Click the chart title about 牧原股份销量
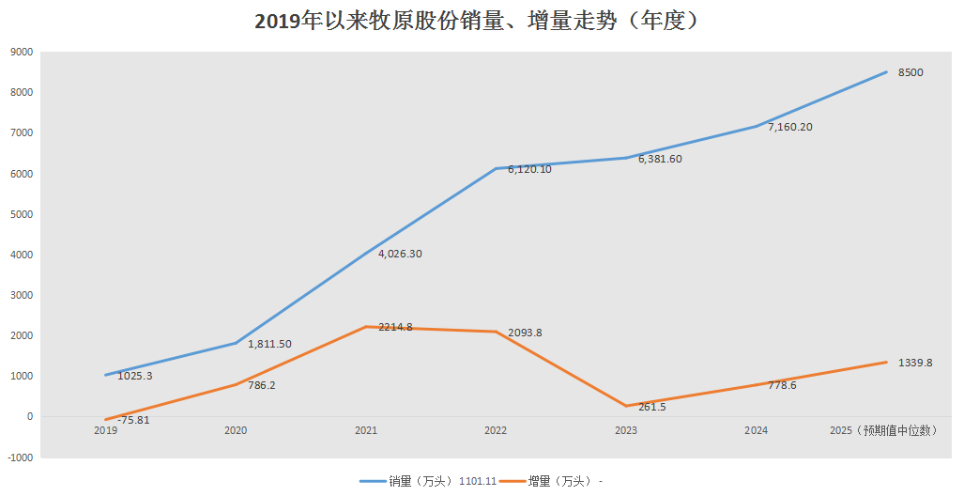pyautogui.click(x=482, y=21)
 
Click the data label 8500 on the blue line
pyautogui.click(x=910, y=72)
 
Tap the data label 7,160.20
pyautogui.click(x=789, y=127)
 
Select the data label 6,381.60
pyautogui.click(x=660, y=159)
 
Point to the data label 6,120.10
pyautogui.click(x=529, y=169)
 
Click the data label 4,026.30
pyautogui.click(x=400, y=254)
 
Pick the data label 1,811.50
pyautogui.click(x=269, y=344)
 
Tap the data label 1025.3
pyautogui.click(x=135, y=376)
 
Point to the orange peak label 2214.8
pyautogui.click(x=395, y=327)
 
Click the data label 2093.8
pyautogui.click(x=525, y=333)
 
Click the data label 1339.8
pyautogui.click(x=915, y=363)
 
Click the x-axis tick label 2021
pyautogui.click(x=366, y=430)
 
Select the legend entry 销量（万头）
pyautogui.click(x=413, y=481)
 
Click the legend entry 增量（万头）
pyautogui.click(x=559, y=481)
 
